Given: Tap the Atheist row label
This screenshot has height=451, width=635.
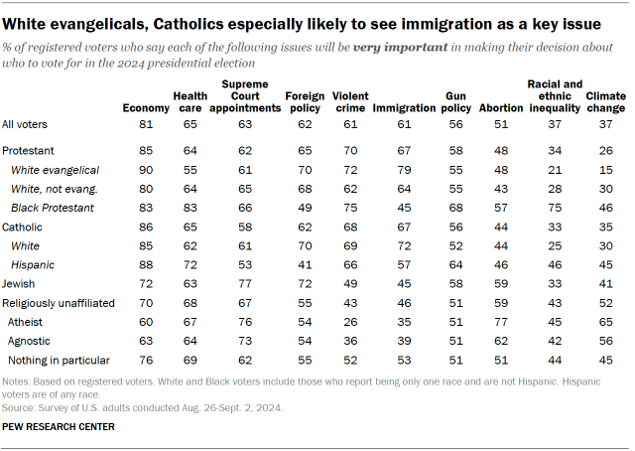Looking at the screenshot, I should [x=24, y=322].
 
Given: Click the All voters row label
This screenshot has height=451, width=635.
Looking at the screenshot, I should [x=25, y=124].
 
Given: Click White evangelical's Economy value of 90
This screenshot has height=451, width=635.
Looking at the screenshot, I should [x=146, y=171].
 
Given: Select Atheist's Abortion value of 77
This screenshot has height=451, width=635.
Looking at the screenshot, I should [x=501, y=322].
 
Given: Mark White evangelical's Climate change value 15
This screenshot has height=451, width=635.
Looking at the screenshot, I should [x=607, y=171].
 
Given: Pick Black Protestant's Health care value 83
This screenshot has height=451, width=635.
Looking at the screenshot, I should [x=192, y=208].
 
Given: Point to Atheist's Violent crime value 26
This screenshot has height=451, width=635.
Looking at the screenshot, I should [x=350, y=322].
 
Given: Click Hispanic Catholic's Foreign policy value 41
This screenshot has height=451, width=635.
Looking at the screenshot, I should [x=305, y=265].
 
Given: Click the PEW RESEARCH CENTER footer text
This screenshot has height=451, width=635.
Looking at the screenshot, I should [x=60, y=426].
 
